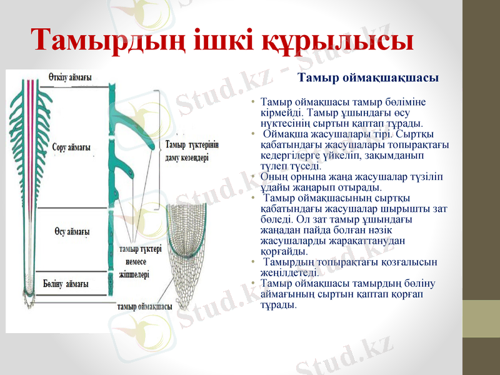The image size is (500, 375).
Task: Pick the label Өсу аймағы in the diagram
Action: point(72,231)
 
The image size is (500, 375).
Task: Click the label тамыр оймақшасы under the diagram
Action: point(145,306)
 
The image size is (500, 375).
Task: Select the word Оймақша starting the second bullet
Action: point(282,134)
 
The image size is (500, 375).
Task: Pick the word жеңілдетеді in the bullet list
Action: point(289,272)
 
